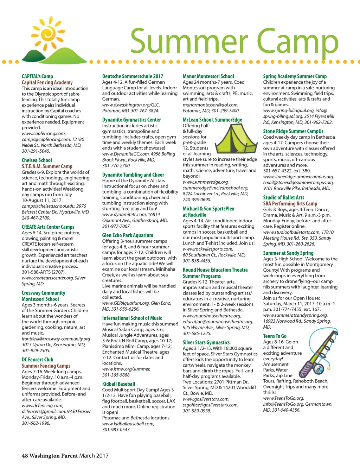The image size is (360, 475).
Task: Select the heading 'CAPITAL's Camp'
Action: click(x=37, y=76)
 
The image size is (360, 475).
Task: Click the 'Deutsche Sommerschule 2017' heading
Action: click(x=133, y=76)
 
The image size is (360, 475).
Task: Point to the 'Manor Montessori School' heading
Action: click(x=208, y=76)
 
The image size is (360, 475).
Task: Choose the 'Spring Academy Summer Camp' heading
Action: click(x=295, y=76)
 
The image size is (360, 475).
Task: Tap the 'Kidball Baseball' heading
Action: click(x=118, y=384)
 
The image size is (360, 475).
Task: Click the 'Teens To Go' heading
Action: click(x=275, y=336)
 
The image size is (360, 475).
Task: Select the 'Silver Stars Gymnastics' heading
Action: click(x=206, y=342)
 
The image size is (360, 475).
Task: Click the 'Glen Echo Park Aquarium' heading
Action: click(x=128, y=235)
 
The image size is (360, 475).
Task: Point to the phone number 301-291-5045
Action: click(x=36, y=151)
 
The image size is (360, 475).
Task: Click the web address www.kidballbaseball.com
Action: click(x=128, y=424)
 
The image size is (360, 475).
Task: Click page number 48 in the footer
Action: click(x=25, y=456)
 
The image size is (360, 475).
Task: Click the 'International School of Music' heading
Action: click(x=132, y=318)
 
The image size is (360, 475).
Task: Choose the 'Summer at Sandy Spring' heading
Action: click(x=288, y=253)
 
